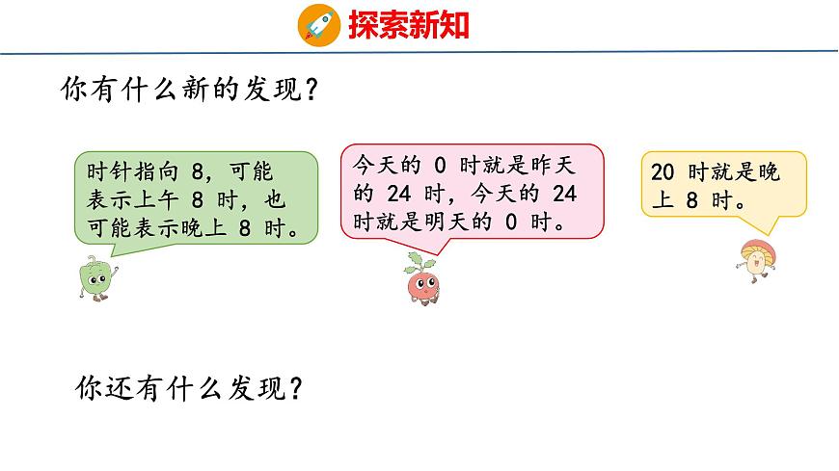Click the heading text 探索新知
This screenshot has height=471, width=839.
[x=408, y=24]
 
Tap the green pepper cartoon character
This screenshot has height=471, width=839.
[x=95, y=277]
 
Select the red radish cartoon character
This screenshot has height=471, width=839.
[x=420, y=280]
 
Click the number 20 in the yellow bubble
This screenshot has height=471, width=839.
[x=663, y=173]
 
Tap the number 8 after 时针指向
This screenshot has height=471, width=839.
[x=199, y=173]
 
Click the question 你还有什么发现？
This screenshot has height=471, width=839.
[x=190, y=388]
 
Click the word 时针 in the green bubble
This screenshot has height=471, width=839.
[x=109, y=173]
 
